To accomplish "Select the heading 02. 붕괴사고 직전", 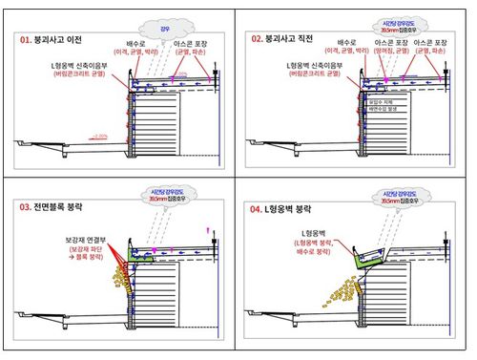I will (287, 40).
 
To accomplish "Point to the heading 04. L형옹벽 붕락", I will (283, 206).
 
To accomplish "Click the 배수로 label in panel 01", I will (140, 44).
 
